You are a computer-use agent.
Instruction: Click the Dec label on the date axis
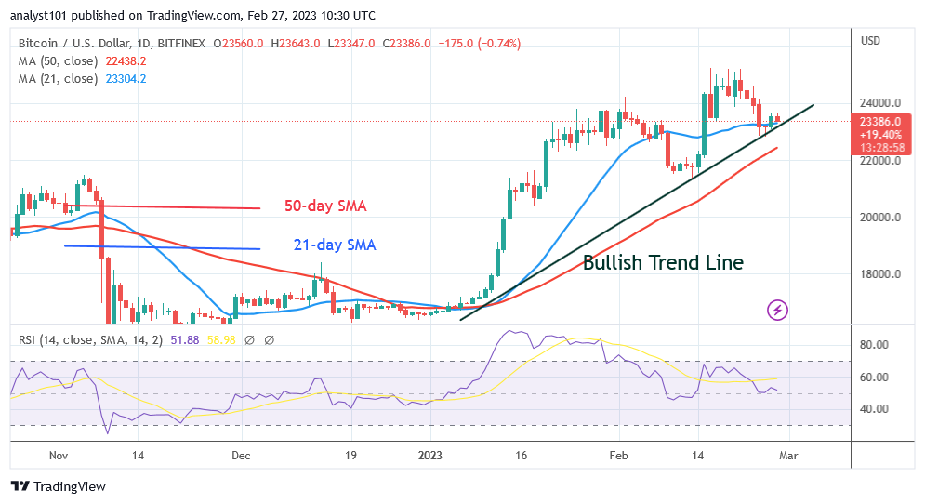point(240,457)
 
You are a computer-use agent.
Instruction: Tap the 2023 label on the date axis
point(430,457)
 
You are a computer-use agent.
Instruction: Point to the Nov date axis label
point(58,457)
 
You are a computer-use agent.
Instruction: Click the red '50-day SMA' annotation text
point(325,205)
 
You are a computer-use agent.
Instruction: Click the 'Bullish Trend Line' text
point(663,263)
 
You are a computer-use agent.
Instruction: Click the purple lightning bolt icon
point(778,310)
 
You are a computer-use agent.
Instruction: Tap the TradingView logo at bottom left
point(58,486)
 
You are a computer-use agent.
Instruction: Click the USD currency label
point(871,41)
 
